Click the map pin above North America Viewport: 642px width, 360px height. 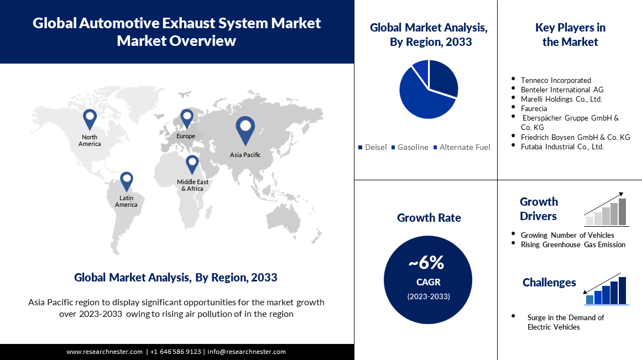click(x=90, y=118)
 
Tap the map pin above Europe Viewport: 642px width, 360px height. click(x=186, y=118)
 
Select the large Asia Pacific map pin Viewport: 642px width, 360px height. click(x=245, y=129)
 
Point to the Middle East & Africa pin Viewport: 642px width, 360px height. click(x=192, y=164)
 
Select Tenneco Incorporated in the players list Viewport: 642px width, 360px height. click(x=556, y=80)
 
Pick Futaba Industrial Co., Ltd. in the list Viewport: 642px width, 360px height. click(x=562, y=147)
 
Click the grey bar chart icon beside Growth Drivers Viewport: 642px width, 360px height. click(x=606, y=212)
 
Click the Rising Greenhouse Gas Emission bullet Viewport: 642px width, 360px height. click(x=573, y=244)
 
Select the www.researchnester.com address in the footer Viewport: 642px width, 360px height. click(x=105, y=352)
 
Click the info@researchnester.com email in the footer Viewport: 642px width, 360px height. click(x=247, y=352)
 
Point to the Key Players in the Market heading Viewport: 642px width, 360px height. click(x=570, y=34)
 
